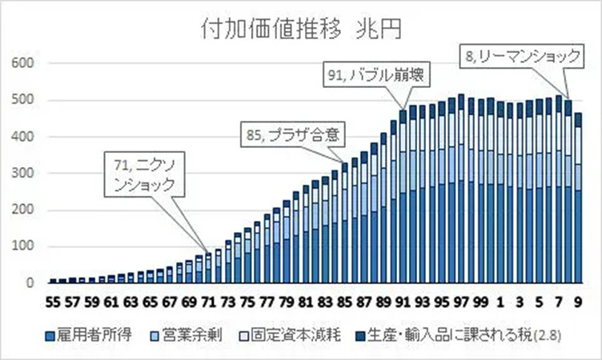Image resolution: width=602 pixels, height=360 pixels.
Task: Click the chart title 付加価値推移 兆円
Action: pos(300,30)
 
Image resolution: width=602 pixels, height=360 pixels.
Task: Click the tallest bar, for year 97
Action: pos(461,192)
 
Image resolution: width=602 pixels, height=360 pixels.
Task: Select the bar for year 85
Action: pos(345,224)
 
